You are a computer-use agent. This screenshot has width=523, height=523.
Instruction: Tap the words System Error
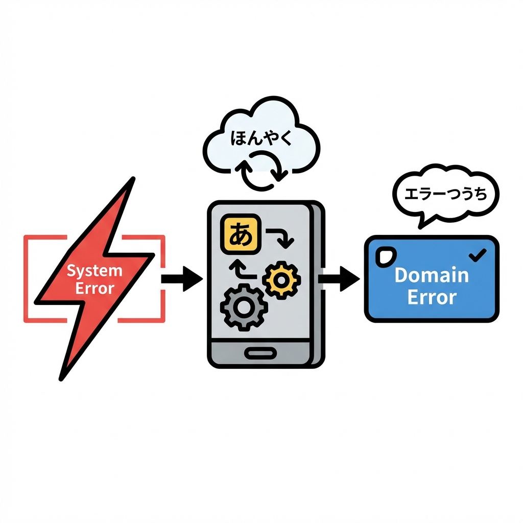tap(94, 279)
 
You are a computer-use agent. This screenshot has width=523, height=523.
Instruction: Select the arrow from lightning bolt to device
tap(182, 278)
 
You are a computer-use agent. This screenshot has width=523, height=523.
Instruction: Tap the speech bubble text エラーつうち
tap(445, 195)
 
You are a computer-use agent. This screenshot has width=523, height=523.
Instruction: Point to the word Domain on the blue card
tap(432, 275)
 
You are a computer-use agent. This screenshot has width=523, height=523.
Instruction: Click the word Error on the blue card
tap(432, 297)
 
